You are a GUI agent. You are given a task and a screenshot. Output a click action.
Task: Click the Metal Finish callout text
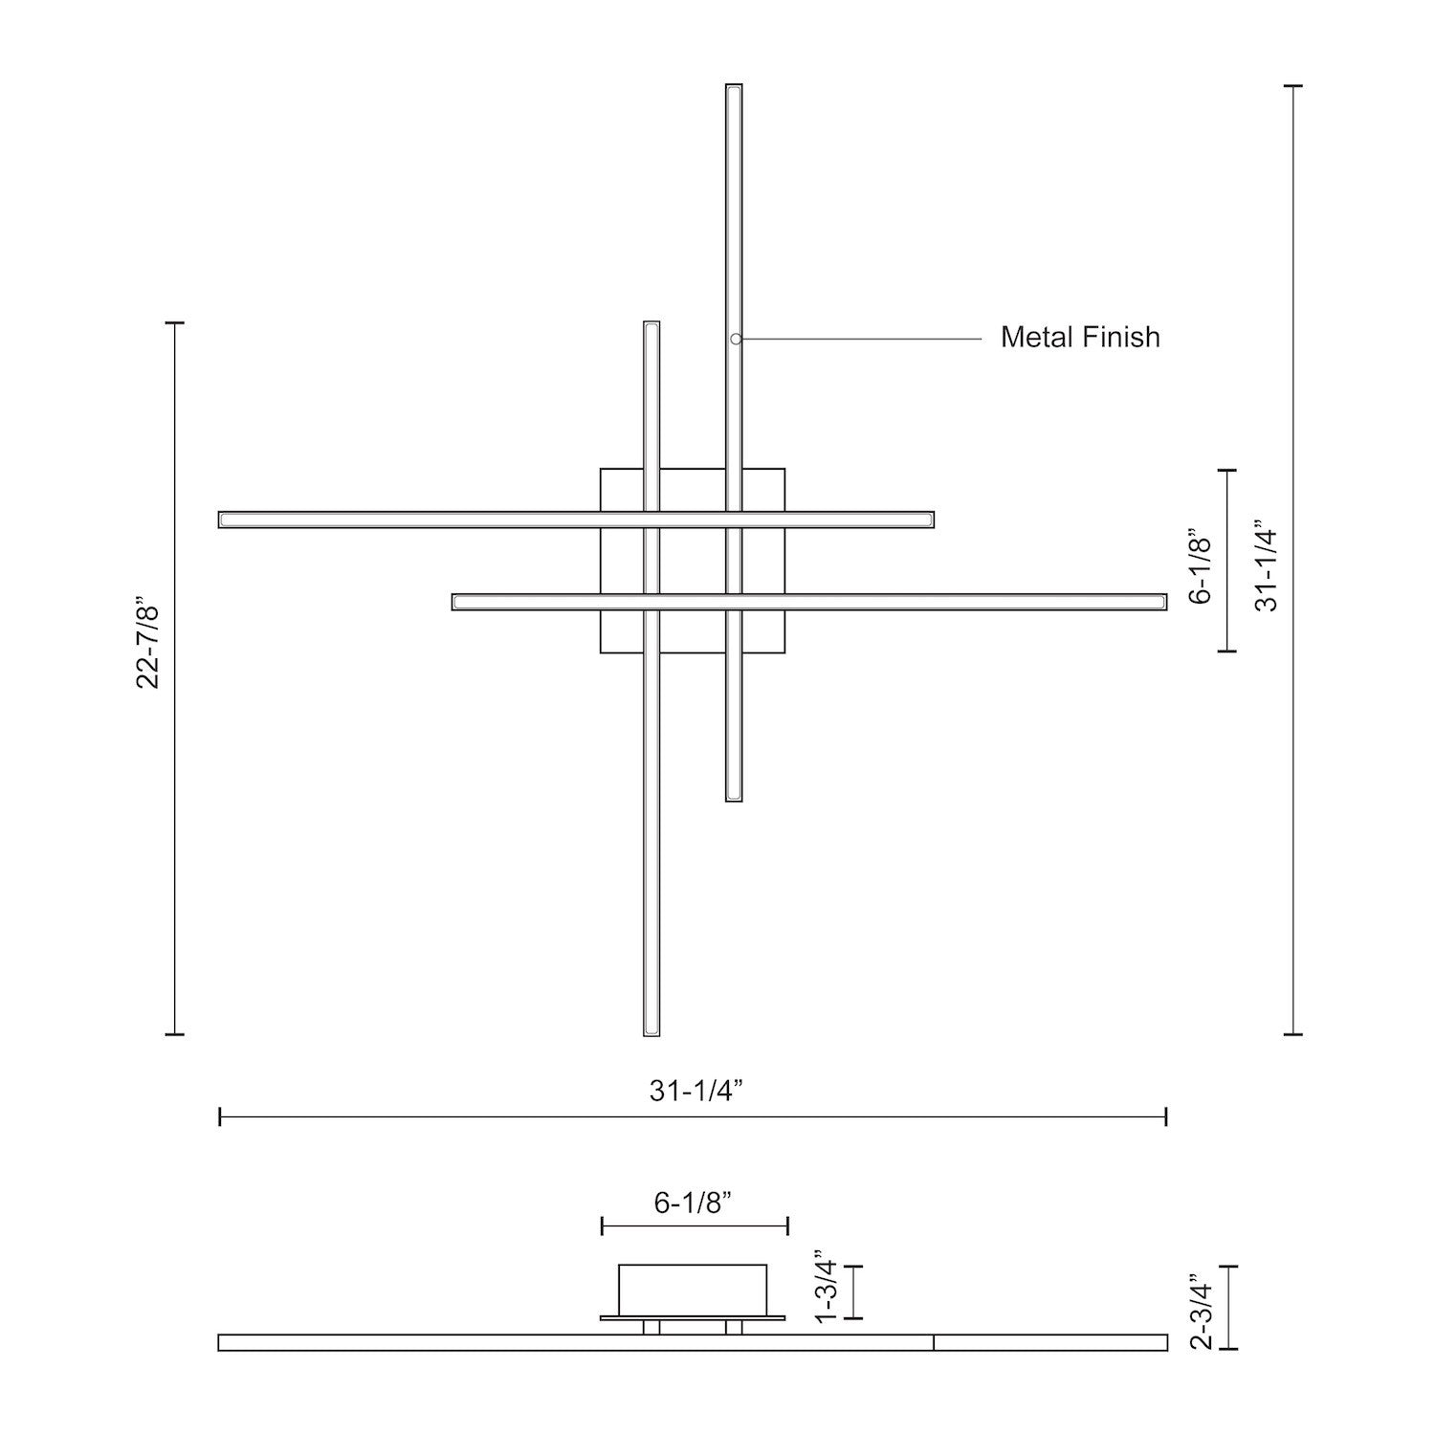click(x=1080, y=338)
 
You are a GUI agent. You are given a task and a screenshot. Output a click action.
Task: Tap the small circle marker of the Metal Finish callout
click(x=736, y=339)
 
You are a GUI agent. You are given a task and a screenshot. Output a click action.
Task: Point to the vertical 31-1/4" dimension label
click(x=1267, y=566)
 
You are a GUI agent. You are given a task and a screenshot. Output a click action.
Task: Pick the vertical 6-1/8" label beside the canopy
click(x=1201, y=565)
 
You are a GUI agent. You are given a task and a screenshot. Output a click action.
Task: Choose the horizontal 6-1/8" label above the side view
click(x=694, y=1203)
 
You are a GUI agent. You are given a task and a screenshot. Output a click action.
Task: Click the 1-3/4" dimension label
click(x=826, y=1290)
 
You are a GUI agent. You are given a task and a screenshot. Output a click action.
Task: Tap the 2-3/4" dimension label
click(x=1201, y=1311)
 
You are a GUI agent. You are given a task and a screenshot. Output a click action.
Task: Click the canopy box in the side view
click(x=693, y=1290)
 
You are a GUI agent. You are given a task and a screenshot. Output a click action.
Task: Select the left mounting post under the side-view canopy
click(x=651, y=1327)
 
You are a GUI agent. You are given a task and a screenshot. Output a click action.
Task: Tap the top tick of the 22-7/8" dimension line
click(x=174, y=323)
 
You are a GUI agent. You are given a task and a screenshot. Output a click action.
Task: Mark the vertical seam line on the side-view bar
click(x=934, y=1342)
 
